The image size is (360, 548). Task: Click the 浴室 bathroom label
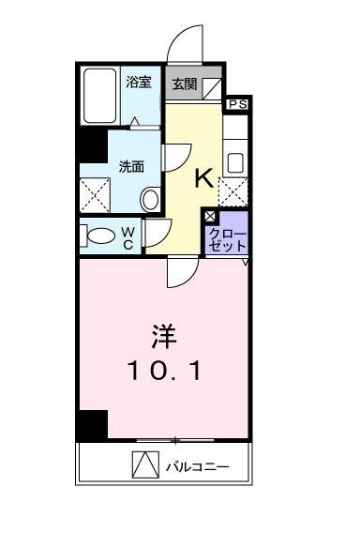pyautogui.click(x=139, y=82)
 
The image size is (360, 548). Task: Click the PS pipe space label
pyautogui.click(x=237, y=104)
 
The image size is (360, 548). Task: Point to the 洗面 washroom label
pyautogui.click(x=130, y=167)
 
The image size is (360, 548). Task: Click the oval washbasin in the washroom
pyautogui.click(x=150, y=198)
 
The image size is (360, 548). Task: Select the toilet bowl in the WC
pyautogui.click(x=98, y=234)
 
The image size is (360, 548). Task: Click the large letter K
pyautogui.click(x=203, y=177)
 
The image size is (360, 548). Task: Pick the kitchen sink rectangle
pyautogui.click(x=235, y=160)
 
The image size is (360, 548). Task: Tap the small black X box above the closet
pyautogui.click(x=210, y=215)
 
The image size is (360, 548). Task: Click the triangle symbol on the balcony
pyautogui.click(x=143, y=464)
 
